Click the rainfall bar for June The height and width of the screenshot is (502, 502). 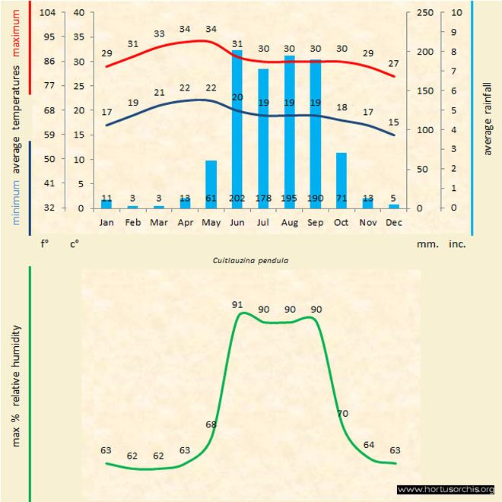[237, 129]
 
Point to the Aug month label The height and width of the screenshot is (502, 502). [289, 223]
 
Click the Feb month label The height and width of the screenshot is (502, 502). [132, 223]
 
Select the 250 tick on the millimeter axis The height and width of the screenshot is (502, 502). [425, 12]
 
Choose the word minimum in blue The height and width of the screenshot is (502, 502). [16, 202]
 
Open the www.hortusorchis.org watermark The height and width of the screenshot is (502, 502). [446, 489]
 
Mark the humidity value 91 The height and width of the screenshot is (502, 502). [237, 304]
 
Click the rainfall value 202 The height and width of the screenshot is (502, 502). [237, 199]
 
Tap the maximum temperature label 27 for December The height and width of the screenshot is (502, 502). [393, 63]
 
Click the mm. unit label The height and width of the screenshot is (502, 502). [425, 245]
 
